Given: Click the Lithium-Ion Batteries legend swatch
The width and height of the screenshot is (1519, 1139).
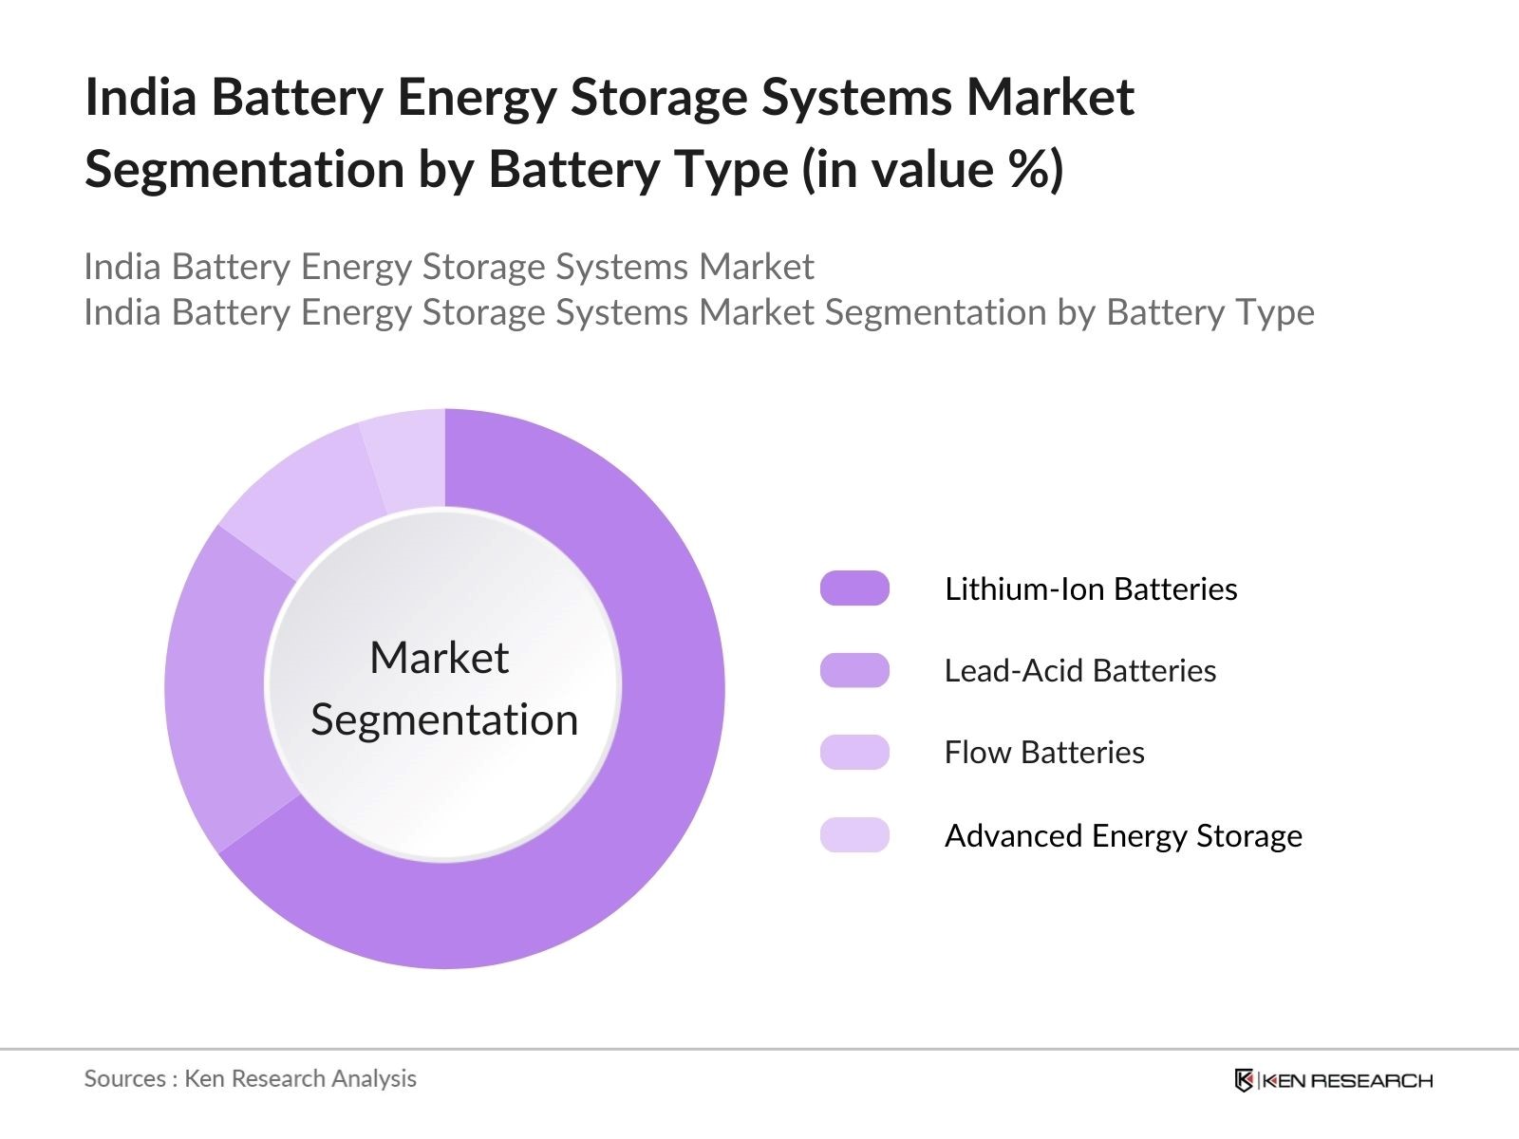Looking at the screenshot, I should click(854, 588).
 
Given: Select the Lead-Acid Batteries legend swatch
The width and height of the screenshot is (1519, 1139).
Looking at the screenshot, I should click(854, 670).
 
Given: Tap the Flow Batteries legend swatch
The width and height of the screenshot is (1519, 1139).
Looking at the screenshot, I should click(854, 753).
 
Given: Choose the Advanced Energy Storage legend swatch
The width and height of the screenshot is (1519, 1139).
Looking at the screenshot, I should click(854, 835).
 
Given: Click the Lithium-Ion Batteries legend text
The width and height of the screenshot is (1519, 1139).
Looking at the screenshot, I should click(1091, 589).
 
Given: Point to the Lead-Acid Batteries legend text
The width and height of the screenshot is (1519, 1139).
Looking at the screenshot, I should click(1079, 671).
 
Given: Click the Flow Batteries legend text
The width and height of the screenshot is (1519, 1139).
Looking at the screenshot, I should click(1044, 753).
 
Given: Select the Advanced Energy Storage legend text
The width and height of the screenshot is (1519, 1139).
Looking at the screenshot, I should click(1123, 836).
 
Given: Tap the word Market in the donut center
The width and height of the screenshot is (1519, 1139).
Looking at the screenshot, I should click(440, 658).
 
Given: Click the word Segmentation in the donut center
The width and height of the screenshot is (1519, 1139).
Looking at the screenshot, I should click(444, 719).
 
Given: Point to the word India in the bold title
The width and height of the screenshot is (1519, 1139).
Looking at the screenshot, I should click(141, 98).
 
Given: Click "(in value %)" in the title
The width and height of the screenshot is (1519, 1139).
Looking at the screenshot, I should click(933, 170).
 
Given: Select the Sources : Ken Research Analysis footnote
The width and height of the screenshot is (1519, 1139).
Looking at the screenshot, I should click(251, 1078).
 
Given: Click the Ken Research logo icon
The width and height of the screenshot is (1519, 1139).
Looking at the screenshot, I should click(1244, 1080).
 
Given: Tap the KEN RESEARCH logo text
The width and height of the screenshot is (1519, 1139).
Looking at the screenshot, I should click(1347, 1080).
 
